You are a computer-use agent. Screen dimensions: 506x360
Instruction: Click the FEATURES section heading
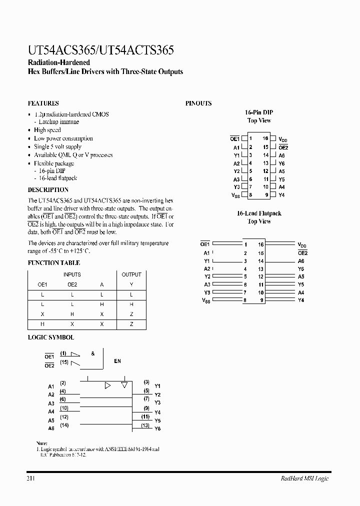point(43,103)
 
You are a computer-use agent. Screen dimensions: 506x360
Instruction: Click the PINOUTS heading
point(198,103)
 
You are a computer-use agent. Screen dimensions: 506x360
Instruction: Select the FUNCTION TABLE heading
point(53,262)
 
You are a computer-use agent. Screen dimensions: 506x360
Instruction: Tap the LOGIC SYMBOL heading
point(50,338)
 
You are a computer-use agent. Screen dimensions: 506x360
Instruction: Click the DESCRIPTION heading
point(48,190)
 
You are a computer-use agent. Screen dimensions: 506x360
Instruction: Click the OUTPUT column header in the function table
point(131,274)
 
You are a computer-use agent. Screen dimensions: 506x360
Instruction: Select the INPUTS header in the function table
point(72,274)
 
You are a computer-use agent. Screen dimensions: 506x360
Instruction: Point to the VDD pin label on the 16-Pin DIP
point(283,139)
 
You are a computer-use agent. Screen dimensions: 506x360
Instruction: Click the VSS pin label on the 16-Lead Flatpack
point(206,301)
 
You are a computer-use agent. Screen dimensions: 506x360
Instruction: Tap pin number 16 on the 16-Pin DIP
point(265,138)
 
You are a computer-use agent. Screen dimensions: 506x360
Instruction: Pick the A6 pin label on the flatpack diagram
point(301,261)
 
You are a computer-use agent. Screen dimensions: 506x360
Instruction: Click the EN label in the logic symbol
point(117,361)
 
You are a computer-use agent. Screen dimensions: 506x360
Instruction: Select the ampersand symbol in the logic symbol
point(93,353)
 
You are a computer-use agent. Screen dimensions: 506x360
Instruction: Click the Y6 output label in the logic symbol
point(157,429)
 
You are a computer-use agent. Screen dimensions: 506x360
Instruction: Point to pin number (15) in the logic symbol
point(63,362)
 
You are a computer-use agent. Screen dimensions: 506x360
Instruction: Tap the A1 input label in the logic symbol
point(51,386)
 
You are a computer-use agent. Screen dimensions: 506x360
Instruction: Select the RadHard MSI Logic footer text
point(304,478)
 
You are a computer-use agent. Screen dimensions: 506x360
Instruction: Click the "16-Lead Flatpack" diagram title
point(259,213)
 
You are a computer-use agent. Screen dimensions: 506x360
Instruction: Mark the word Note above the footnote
point(42,443)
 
